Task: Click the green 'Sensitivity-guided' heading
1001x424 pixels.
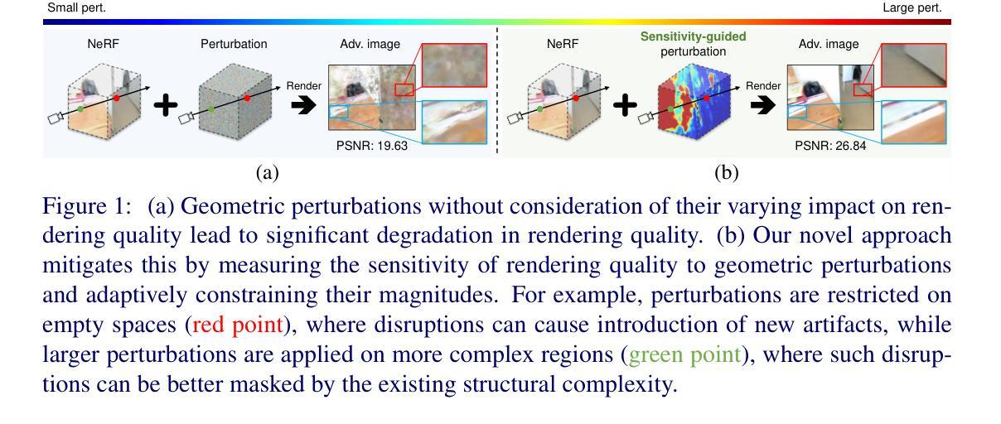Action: click(x=693, y=36)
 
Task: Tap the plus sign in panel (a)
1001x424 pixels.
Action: click(x=167, y=105)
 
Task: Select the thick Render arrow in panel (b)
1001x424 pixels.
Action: click(x=762, y=106)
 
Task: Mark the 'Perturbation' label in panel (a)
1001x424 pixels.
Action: click(x=234, y=44)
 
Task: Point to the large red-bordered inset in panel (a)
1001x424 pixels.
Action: click(x=452, y=65)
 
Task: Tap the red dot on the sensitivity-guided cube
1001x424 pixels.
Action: click(x=706, y=97)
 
